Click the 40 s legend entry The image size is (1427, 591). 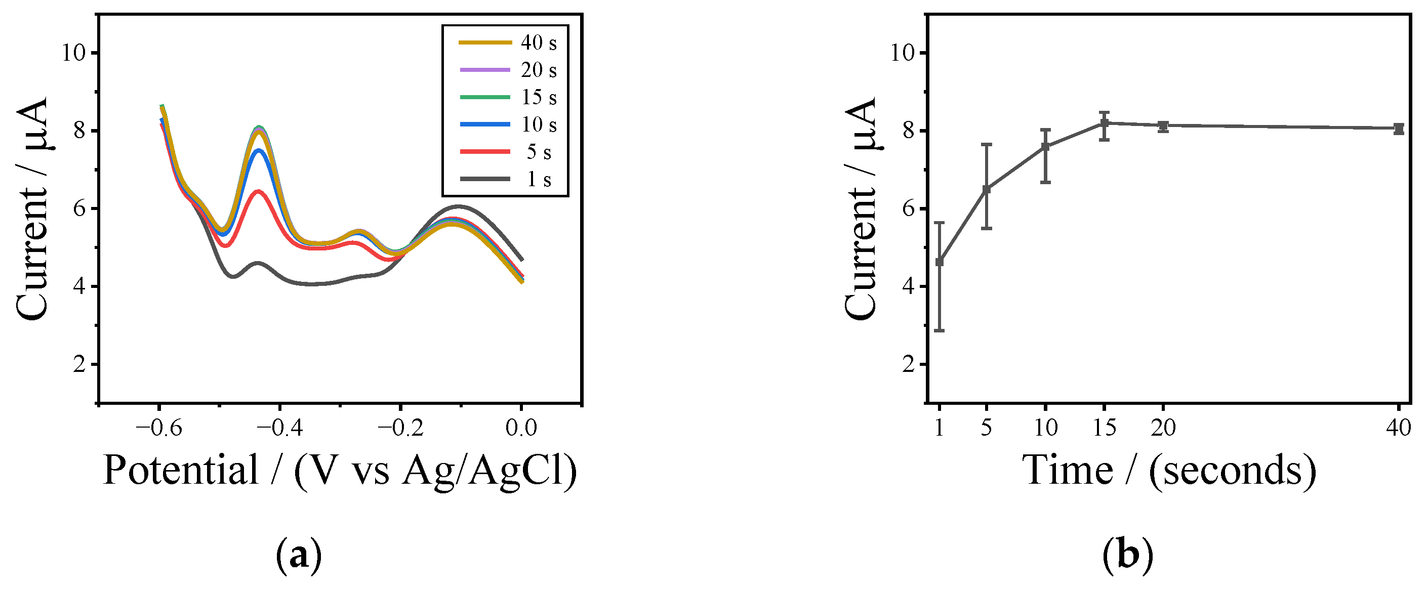coord(538,43)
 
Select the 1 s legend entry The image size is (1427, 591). coord(538,180)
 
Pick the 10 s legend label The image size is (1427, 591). coord(538,124)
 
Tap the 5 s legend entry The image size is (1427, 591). coord(538,152)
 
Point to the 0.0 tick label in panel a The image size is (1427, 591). coord(521,428)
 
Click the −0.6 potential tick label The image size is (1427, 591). coord(159,428)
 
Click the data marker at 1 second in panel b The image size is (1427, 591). coord(940,262)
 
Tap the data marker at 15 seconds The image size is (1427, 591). coord(1104,123)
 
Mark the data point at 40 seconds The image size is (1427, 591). coord(1399,129)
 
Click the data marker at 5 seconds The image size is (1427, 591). coord(987,189)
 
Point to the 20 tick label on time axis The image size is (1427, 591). coord(1163,428)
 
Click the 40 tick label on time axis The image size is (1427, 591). coord(1399,428)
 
